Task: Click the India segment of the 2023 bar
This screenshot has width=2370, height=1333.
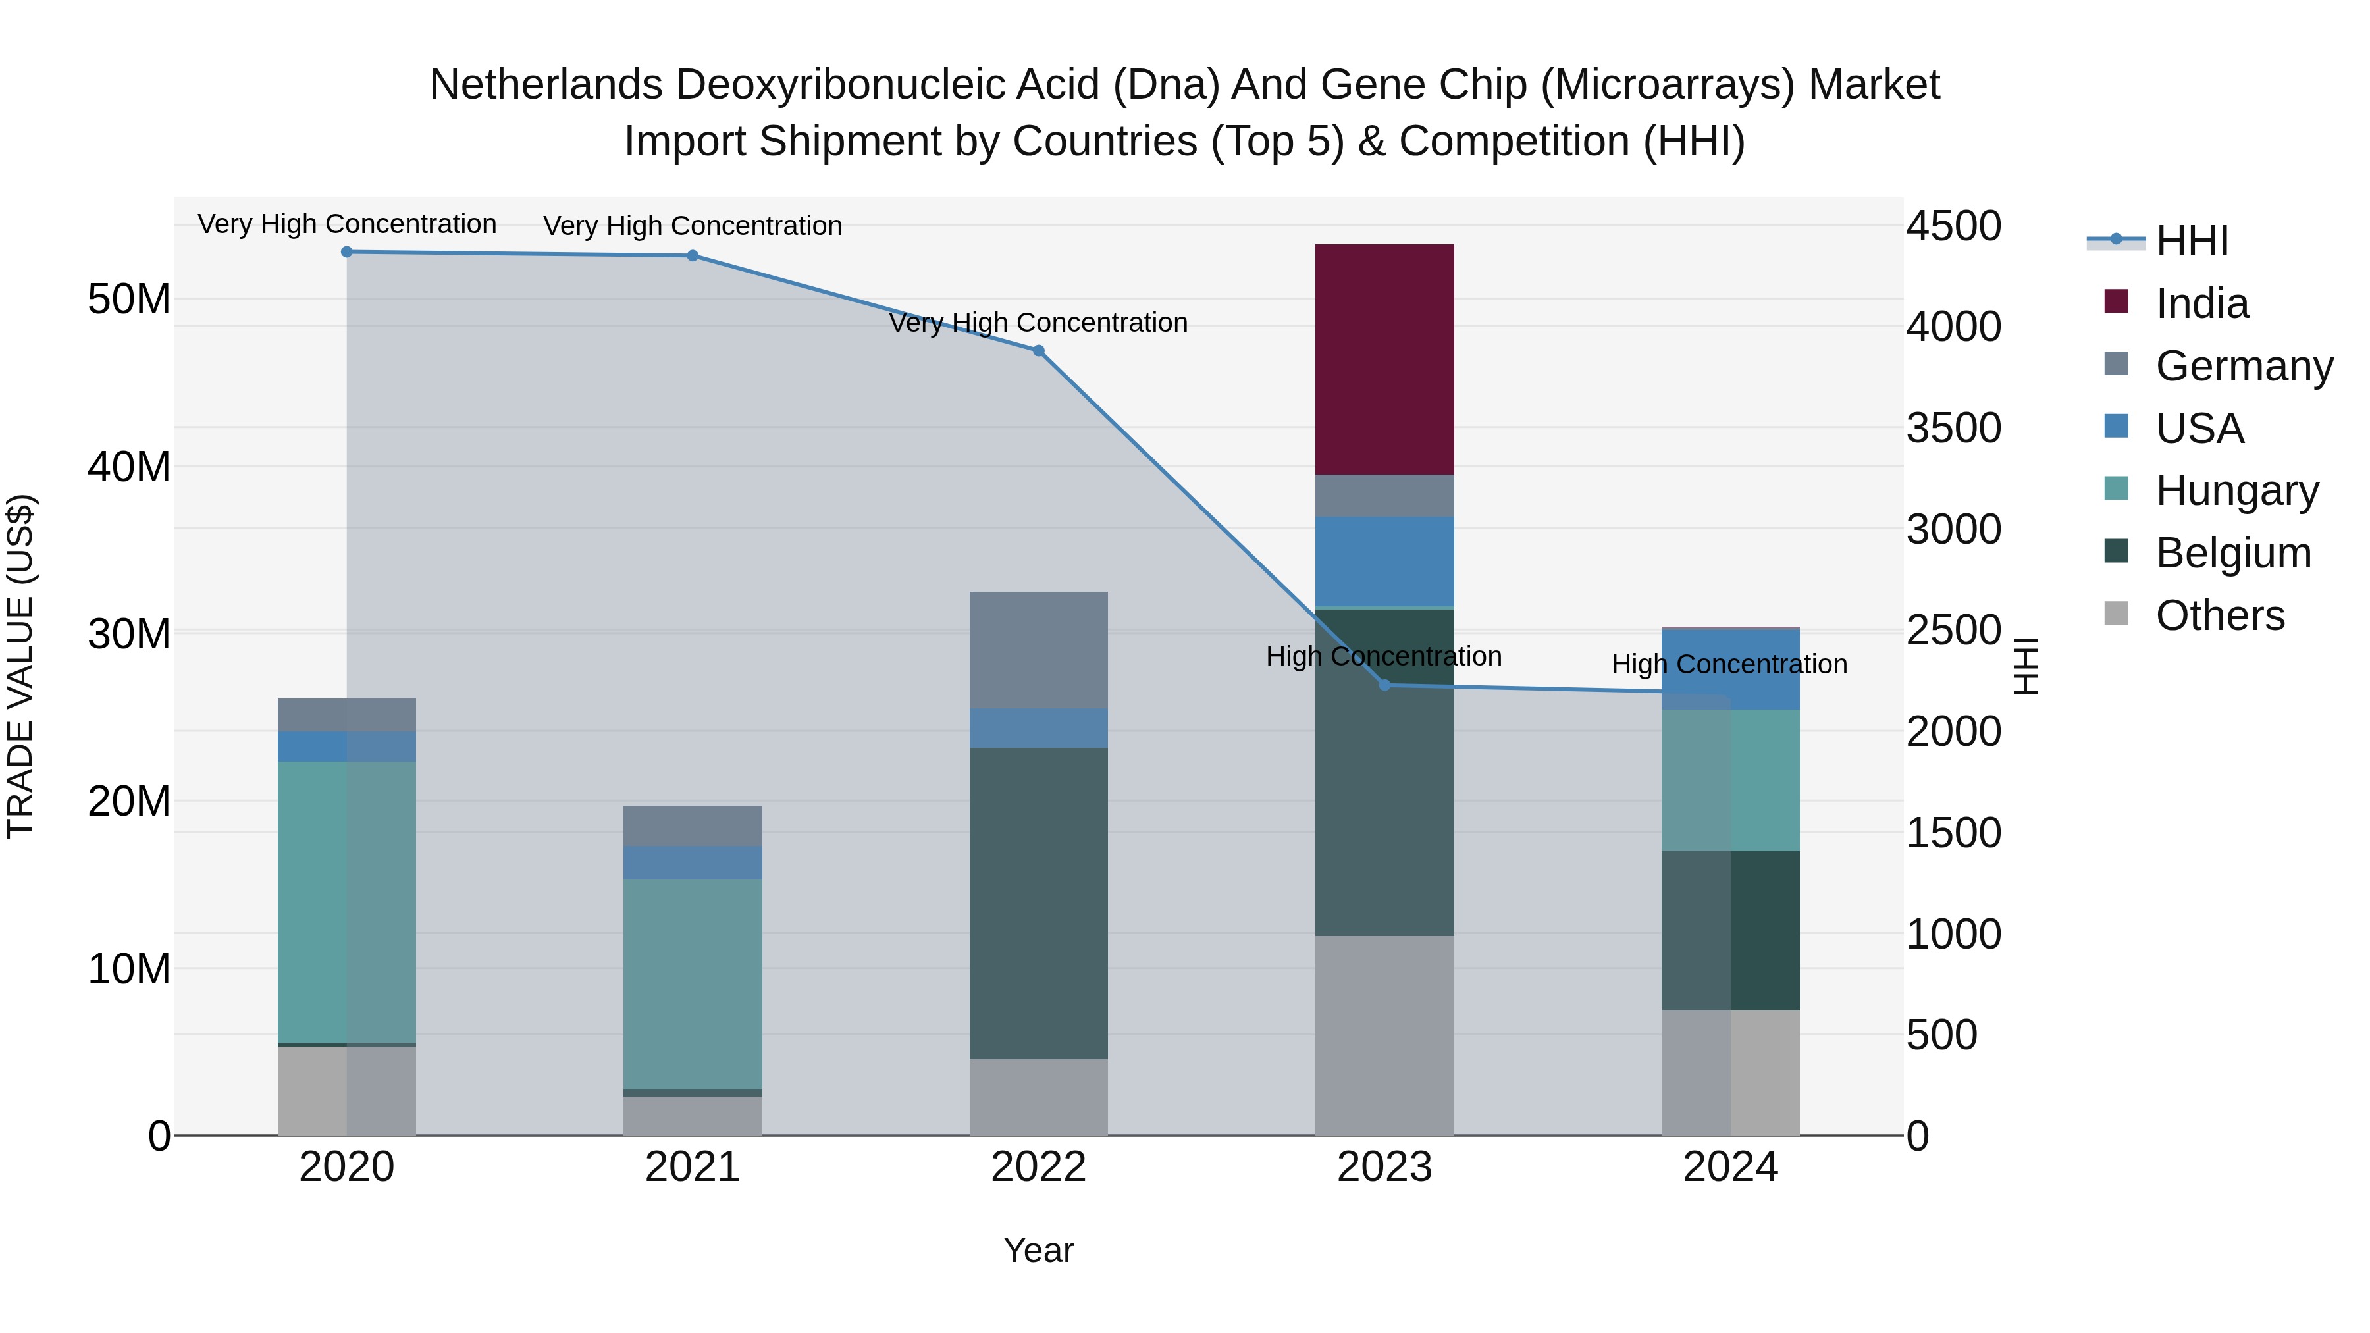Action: tap(1384, 359)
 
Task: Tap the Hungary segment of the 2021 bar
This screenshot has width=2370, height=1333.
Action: tap(692, 983)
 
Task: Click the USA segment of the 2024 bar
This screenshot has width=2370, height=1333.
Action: tap(1729, 669)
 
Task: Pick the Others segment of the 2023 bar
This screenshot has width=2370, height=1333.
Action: tap(1384, 1035)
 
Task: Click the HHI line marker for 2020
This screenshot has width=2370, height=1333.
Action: tap(347, 252)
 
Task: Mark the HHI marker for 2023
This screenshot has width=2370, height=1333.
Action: tap(1384, 685)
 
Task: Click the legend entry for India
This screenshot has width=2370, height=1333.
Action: tap(2201, 303)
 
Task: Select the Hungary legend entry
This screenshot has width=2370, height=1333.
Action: tap(2236, 490)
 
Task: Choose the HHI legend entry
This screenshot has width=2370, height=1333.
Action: tap(2192, 241)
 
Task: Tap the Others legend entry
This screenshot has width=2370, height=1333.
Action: tap(2219, 615)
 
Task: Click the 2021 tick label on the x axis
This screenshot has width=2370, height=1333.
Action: tap(692, 1167)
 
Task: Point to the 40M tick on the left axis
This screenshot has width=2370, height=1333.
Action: tap(129, 467)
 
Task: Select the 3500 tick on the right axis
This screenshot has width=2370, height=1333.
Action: tap(1953, 428)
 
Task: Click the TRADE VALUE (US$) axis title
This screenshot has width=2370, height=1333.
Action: tap(20, 666)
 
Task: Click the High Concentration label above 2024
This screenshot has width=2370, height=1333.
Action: tap(1729, 664)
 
